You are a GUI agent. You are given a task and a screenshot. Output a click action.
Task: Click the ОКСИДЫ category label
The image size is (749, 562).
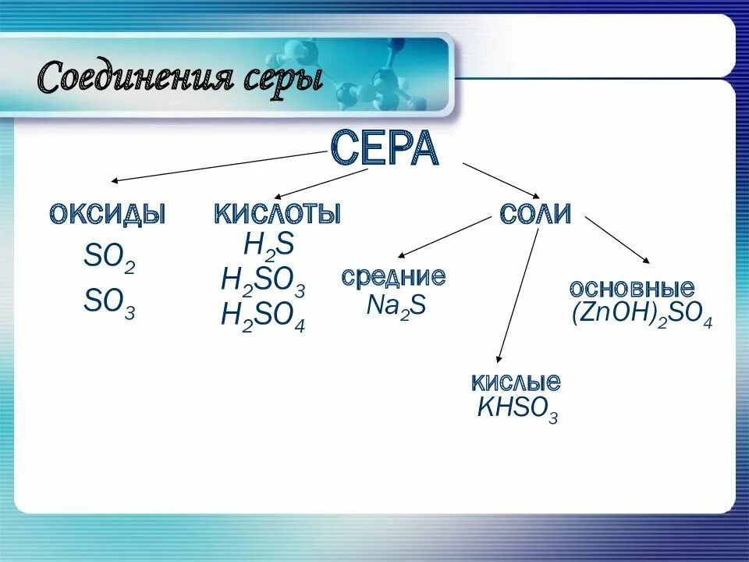(x=108, y=213)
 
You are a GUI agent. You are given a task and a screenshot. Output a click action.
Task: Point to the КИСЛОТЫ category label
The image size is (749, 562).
(x=278, y=213)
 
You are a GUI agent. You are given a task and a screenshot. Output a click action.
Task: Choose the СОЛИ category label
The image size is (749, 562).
(x=535, y=213)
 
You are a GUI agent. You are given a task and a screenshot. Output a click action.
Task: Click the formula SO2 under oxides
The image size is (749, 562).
(x=109, y=258)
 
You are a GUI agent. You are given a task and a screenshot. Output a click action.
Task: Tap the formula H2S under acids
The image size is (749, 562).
(x=268, y=246)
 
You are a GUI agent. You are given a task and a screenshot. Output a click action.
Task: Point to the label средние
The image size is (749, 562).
(x=394, y=276)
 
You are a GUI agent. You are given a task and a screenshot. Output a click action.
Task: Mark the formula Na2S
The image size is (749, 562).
(x=396, y=305)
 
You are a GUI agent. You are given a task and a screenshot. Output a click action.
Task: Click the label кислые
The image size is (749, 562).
(x=516, y=382)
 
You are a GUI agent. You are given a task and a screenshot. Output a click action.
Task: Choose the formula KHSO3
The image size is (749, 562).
(x=518, y=409)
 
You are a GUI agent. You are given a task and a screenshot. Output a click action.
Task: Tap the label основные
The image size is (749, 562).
(x=632, y=287)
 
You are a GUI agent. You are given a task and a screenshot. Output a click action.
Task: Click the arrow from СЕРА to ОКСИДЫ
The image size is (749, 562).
(x=218, y=166)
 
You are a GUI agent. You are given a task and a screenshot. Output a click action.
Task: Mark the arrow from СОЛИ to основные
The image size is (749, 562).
(x=616, y=240)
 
